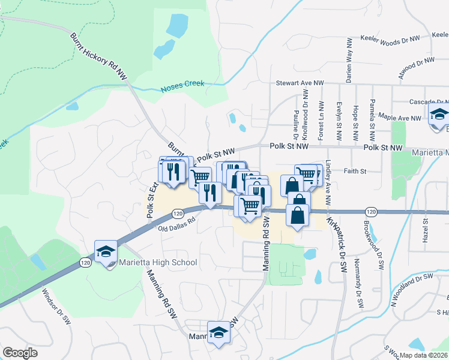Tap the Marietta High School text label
pyautogui.click(x=159, y=262)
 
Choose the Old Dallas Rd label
pyautogui.click(x=177, y=224)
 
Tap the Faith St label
pyautogui.click(x=355, y=171)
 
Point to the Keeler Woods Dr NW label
pyautogui.click(x=389, y=38)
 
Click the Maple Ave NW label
pyautogui.click(x=399, y=118)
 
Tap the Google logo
pyautogui.click(x=20, y=353)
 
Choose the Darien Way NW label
pyautogui.click(x=348, y=61)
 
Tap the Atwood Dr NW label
pyautogui.click(x=416, y=66)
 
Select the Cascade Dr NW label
pyautogui.click(x=427, y=102)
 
